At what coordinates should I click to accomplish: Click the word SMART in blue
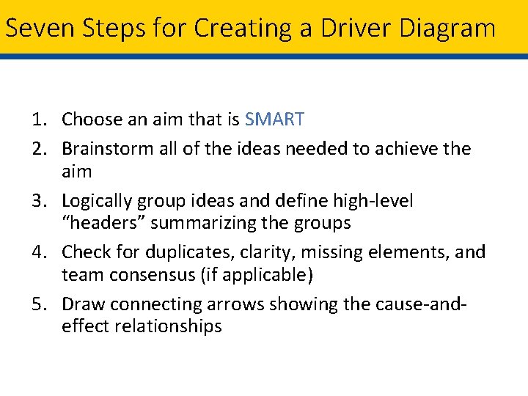(x=275, y=119)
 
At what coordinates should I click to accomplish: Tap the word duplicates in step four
(x=181, y=252)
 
